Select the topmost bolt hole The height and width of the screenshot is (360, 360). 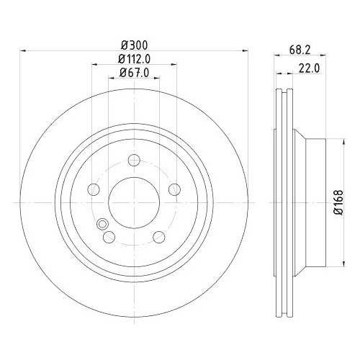tap(134, 161)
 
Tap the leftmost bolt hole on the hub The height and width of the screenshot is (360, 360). tap(94, 189)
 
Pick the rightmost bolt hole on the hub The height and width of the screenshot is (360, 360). tap(174, 189)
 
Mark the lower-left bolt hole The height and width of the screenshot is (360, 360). tap(109, 237)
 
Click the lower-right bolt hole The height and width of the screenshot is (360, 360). tap(158, 237)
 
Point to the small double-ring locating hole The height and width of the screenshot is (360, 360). tap(101, 223)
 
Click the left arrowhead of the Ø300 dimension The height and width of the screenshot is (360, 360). tap(22, 51)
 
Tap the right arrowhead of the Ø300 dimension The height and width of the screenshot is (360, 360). tap(245, 51)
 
